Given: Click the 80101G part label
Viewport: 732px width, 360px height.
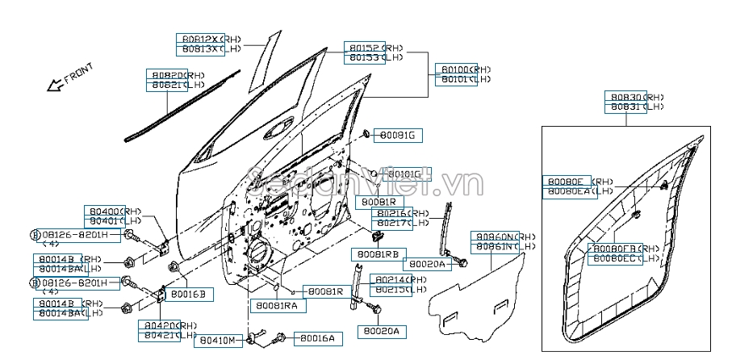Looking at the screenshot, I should [404, 174].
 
